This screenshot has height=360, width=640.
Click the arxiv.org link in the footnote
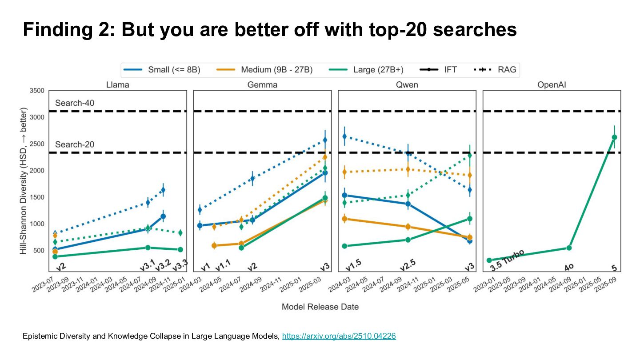coord(339,336)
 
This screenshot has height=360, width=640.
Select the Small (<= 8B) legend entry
coord(162,70)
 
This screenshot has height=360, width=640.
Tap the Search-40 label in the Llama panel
coord(75,103)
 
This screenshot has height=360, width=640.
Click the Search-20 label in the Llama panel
coord(75,145)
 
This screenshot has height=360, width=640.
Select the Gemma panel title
coord(262,85)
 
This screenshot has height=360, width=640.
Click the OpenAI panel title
coord(552,85)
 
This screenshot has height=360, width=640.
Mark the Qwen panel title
coord(407,85)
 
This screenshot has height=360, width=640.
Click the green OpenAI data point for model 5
coord(614,137)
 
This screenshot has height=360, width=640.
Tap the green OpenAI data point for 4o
coord(569,248)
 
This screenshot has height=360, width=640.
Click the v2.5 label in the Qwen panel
coord(408,264)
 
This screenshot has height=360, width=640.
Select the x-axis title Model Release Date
coord(320,307)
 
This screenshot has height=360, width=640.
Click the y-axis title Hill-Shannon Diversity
coord(23,180)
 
